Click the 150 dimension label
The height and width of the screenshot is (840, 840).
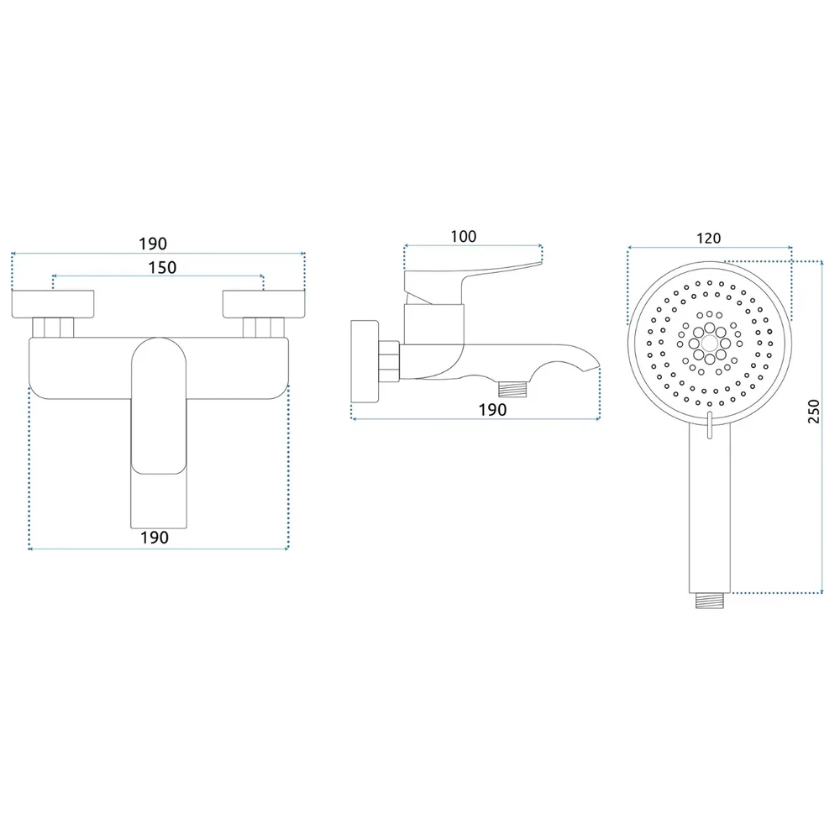162,267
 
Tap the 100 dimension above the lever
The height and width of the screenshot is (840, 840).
464,236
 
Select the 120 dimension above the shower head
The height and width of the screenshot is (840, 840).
708,238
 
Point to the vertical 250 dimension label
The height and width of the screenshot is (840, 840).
814,412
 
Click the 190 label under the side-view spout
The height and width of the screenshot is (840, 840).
492,410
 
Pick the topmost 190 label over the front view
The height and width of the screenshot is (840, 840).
153,244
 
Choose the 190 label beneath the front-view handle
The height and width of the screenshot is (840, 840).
155,538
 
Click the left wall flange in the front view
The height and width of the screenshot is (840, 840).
53,304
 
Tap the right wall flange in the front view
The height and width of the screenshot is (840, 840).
264,304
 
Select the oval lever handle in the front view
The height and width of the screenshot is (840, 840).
159,406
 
